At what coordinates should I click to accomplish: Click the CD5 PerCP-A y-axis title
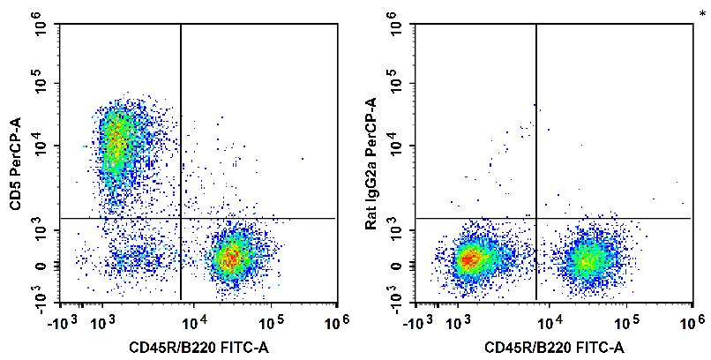[x=15, y=164]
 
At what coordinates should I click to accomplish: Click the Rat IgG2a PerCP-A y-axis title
[x=371, y=164]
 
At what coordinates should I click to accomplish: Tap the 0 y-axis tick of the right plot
[x=398, y=265]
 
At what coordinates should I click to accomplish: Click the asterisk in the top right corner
[x=702, y=12]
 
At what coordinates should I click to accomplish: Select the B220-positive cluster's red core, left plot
[x=231, y=257]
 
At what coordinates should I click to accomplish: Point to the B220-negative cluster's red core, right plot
[x=468, y=259]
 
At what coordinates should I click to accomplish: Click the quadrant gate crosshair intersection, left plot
[x=181, y=218]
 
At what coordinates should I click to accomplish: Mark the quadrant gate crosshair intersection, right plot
[x=536, y=218]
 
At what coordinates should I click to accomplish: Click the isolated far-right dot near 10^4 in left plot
[x=302, y=160]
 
